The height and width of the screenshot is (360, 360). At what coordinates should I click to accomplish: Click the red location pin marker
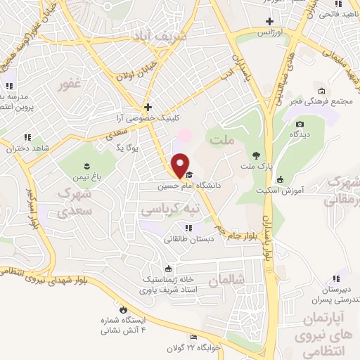180,165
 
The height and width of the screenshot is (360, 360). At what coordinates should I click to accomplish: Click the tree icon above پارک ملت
255,155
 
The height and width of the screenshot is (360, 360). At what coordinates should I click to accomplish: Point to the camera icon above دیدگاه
300,124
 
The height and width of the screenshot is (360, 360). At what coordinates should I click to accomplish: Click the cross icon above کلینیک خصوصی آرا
147,107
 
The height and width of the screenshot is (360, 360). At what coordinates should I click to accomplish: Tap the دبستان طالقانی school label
188,238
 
